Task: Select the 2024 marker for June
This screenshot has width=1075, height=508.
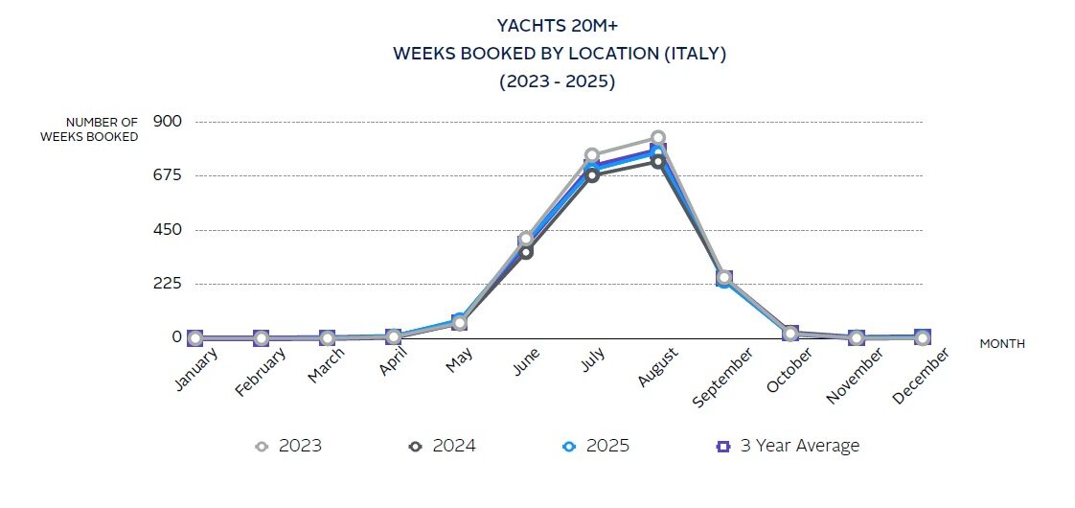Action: click(526, 251)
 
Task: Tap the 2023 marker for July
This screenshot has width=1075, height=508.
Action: click(592, 155)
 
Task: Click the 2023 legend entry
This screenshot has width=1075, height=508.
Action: click(288, 446)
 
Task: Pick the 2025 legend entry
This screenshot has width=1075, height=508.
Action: click(596, 446)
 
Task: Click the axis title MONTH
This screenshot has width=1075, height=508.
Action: click(1001, 343)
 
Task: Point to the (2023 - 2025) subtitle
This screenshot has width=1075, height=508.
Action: click(557, 81)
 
